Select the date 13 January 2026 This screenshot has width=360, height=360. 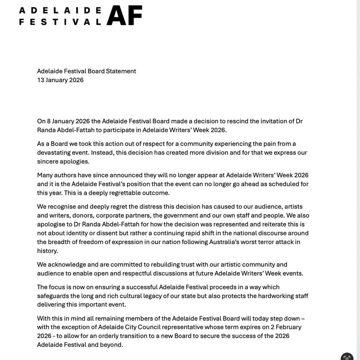click(x=60, y=80)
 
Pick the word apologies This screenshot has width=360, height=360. click(x=79, y=161)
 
